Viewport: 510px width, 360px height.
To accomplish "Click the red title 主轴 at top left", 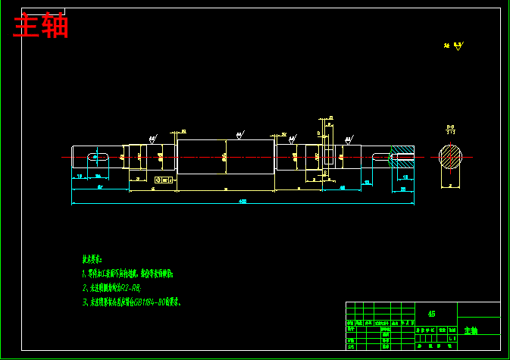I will click(42, 26).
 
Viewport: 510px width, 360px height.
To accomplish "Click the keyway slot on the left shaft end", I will click(94, 157).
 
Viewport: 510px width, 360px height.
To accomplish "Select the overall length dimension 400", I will click(242, 202).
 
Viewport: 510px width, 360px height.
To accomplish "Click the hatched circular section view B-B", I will click(450, 157).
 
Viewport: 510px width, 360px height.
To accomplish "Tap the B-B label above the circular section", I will click(450, 128).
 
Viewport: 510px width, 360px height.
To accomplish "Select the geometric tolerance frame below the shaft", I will click(163, 180).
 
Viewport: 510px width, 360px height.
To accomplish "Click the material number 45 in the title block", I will click(431, 312).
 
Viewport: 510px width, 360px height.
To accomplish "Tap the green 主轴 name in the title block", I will click(471, 330).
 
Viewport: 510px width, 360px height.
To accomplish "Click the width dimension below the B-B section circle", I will click(449, 185).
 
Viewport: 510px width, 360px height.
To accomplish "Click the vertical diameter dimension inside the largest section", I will click(225, 158).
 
